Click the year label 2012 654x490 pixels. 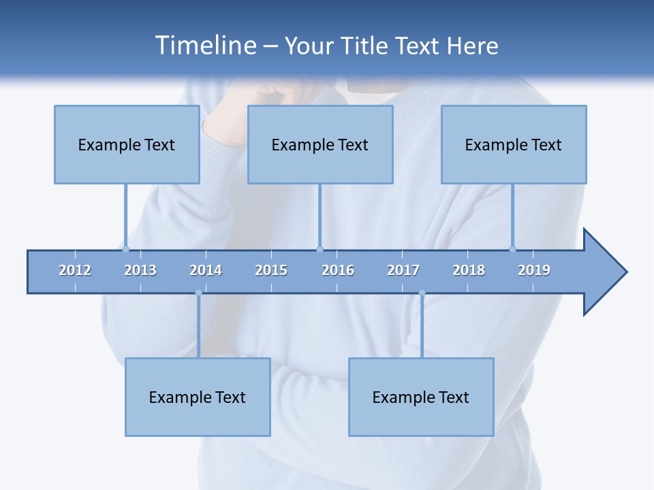tap(75, 270)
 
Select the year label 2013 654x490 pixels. tap(140, 270)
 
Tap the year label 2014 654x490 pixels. tap(206, 270)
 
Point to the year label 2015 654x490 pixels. tap(271, 270)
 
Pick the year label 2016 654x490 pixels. tap(338, 270)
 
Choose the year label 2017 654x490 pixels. tap(403, 270)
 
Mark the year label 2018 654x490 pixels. tap(469, 270)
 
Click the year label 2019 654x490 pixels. tap(534, 270)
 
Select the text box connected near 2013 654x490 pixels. tap(127, 144)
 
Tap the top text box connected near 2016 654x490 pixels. tap(320, 144)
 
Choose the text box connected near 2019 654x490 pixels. tap(514, 144)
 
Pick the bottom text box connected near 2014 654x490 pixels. tap(198, 397)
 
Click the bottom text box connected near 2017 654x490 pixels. tap(421, 397)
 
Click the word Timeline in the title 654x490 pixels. tap(204, 46)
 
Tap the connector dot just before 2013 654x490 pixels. tap(125, 249)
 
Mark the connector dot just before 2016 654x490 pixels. tap(320, 249)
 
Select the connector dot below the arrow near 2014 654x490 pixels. tap(198, 293)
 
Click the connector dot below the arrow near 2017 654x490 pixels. tap(422, 293)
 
